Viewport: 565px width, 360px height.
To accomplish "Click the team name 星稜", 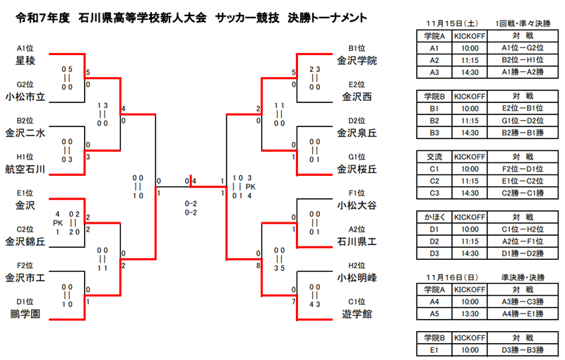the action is (25, 61).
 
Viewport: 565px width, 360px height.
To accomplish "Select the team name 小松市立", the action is (25, 97).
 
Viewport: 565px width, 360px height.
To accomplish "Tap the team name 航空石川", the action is (25, 169).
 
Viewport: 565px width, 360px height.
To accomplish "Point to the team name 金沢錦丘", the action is (25, 241).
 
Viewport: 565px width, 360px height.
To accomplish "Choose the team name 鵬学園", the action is (25, 314).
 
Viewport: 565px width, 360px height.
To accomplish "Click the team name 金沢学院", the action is (357, 61).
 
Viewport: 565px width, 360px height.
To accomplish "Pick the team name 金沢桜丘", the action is (357, 169).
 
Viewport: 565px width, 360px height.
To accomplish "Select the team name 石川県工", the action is (357, 241).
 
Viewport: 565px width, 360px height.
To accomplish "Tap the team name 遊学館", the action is (357, 314).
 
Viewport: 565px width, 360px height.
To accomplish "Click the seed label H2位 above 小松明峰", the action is (357, 265).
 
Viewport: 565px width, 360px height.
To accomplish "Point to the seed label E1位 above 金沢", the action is (25, 193).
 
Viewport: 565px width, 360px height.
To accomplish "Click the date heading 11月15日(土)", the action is (452, 24).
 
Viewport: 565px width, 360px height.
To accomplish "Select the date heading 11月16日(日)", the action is (452, 277).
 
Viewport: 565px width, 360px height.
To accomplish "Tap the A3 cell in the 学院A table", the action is (434, 73).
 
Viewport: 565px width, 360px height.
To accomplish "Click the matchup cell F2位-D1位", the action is (523, 169).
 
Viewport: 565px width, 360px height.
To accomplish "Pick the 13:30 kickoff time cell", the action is (470, 314).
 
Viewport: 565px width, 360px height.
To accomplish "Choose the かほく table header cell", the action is (434, 217).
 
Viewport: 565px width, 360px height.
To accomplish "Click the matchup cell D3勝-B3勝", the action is (523, 350).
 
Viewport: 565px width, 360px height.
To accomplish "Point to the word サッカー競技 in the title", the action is (247, 18).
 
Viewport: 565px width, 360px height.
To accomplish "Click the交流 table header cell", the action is (434, 157).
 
